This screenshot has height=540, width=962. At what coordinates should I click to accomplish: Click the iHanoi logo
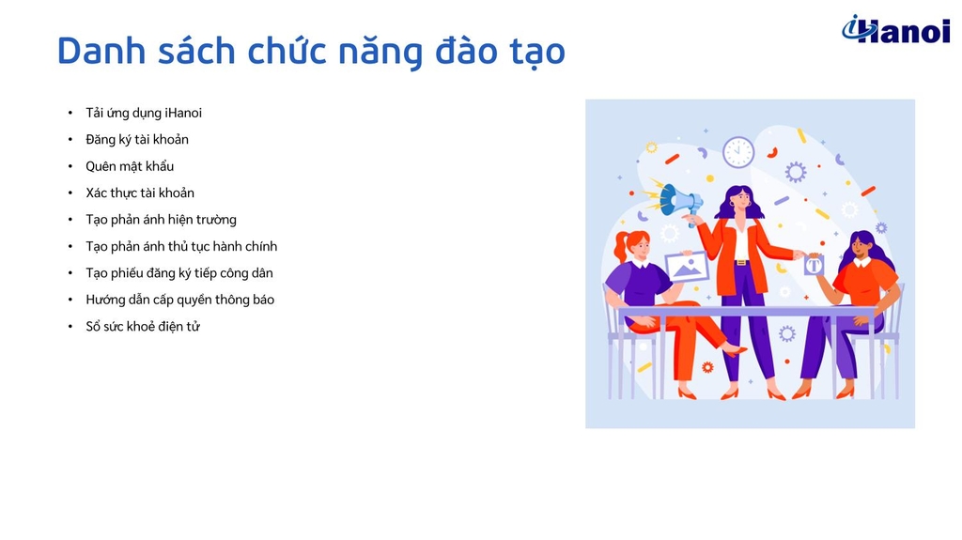tap(895, 29)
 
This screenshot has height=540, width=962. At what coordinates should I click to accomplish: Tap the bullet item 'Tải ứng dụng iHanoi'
tap(144, 113)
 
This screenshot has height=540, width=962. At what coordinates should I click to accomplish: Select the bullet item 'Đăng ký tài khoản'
tap(137, 139)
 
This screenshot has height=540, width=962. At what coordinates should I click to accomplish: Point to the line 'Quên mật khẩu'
tap(130, 166)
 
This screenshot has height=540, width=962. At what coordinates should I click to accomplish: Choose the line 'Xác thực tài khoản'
tap(140, 193)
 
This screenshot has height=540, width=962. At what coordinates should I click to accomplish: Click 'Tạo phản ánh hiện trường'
tap(161, 220)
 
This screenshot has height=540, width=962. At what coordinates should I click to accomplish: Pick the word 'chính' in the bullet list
tap(261, 246)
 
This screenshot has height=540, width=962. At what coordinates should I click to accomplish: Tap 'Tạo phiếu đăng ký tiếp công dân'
tap(179, 273)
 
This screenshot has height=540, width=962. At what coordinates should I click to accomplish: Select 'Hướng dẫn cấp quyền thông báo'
tap(179, 300)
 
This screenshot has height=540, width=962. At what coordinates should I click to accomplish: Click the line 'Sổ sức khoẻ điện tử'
tap(143, 327)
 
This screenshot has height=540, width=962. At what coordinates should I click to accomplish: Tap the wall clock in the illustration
tap(738, 151)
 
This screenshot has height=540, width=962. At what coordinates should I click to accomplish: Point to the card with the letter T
tap(814, 266)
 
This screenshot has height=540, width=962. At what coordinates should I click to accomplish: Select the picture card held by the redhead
tap(687, 267)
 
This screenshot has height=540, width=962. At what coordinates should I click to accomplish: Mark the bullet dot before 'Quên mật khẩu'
tap(70, 166)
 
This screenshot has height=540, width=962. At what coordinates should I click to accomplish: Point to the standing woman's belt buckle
tap(742, 263)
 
